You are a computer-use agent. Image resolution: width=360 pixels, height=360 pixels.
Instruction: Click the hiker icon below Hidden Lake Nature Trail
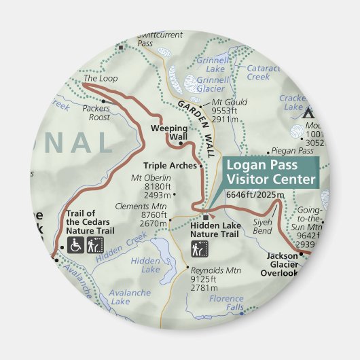[196, 250]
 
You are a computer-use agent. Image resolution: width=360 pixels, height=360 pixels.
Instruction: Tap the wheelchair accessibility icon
[75, 247]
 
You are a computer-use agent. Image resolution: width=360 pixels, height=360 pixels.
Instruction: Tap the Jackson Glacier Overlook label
[279, 268]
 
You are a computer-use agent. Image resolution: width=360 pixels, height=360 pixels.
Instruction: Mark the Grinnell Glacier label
[213, 84]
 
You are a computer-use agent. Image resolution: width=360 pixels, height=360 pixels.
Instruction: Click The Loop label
[100, 79]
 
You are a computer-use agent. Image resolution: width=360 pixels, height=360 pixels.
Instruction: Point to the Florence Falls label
[226, 303]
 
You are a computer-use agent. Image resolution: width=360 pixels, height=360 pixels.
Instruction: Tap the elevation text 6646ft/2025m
[253, 196]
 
